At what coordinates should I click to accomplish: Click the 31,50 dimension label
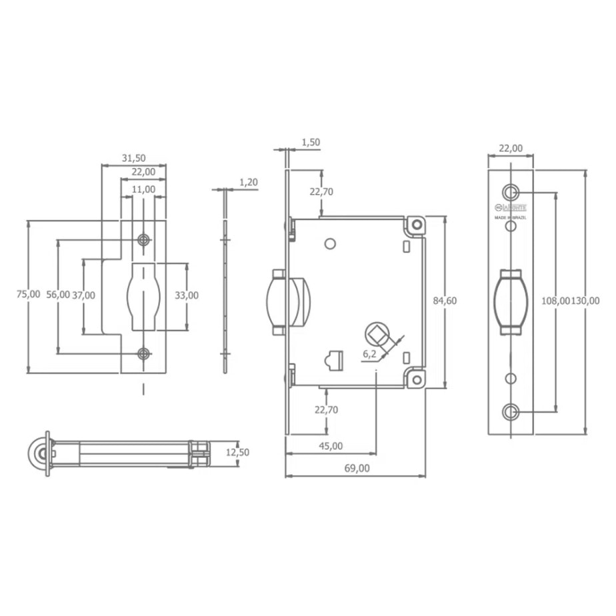pos(134,158)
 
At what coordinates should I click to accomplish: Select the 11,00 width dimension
pos(143,189)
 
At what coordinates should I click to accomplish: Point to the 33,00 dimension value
pos(187,295)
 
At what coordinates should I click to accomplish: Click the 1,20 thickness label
pos(248,181)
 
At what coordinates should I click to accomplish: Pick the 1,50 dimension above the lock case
pos(311,142)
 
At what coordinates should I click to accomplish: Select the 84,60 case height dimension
pos(445,301)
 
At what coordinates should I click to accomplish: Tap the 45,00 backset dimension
pos(331,446)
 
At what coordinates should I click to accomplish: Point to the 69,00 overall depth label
pos(357,468)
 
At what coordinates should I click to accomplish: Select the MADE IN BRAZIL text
pos(511,217)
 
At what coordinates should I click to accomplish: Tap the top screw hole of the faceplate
pos(511,192)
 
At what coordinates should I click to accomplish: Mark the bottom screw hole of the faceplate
pos(511,411)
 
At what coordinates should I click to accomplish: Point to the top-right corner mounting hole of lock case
pos(417,225)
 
